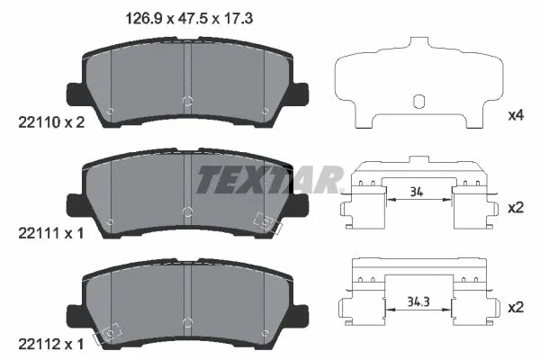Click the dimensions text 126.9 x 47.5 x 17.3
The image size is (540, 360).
pos(187,16)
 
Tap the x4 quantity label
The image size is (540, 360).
pos(517,115)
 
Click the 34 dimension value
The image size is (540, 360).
pos(416,191)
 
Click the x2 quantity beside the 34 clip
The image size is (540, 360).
pos(517,207)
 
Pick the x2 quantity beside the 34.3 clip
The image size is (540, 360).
pos(517,307)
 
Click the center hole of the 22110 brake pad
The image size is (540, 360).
pos(185,101)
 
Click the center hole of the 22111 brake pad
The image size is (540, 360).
pos(185,211)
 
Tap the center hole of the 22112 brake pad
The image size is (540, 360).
pos(185,322)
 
